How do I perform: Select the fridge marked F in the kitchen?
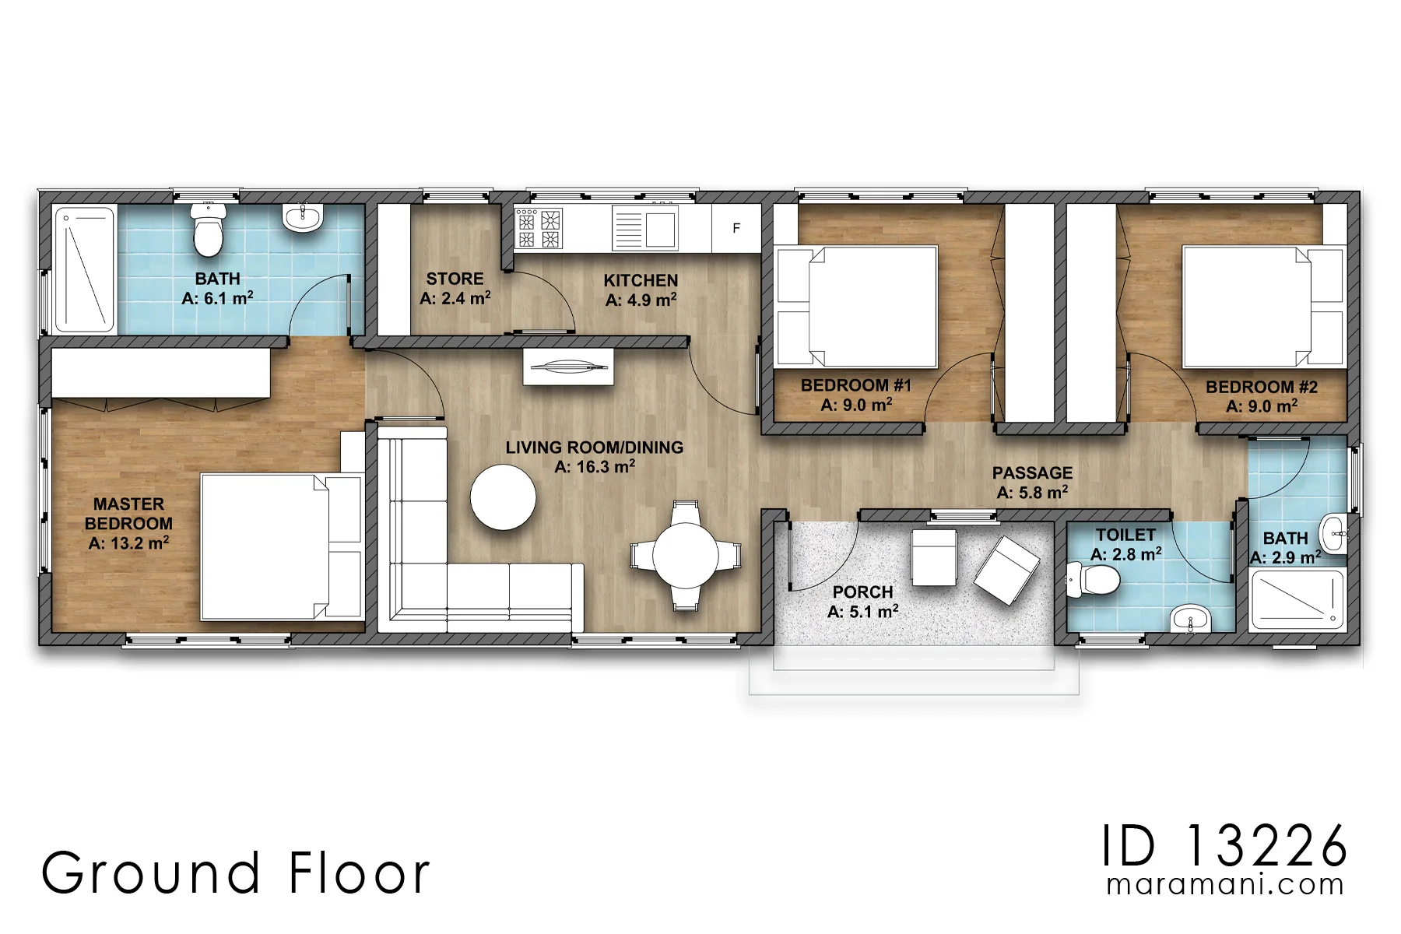[736, 228]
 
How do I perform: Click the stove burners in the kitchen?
[538, 228]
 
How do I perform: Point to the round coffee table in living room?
[504, 497]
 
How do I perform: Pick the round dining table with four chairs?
[686, 556]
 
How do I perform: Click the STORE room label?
[455, 279]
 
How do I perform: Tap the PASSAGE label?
[1032, 473]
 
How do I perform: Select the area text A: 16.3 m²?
[595, 467]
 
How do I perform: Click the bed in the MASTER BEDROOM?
[283, 546]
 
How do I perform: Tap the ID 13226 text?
[1225, 846]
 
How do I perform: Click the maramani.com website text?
[1225, 885]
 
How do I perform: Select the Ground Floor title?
[235, 873]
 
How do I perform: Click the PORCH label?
[862, 592]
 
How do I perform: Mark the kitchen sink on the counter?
[644, 227]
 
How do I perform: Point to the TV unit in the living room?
[568, 367]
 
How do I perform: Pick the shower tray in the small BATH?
[1297, 600]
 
